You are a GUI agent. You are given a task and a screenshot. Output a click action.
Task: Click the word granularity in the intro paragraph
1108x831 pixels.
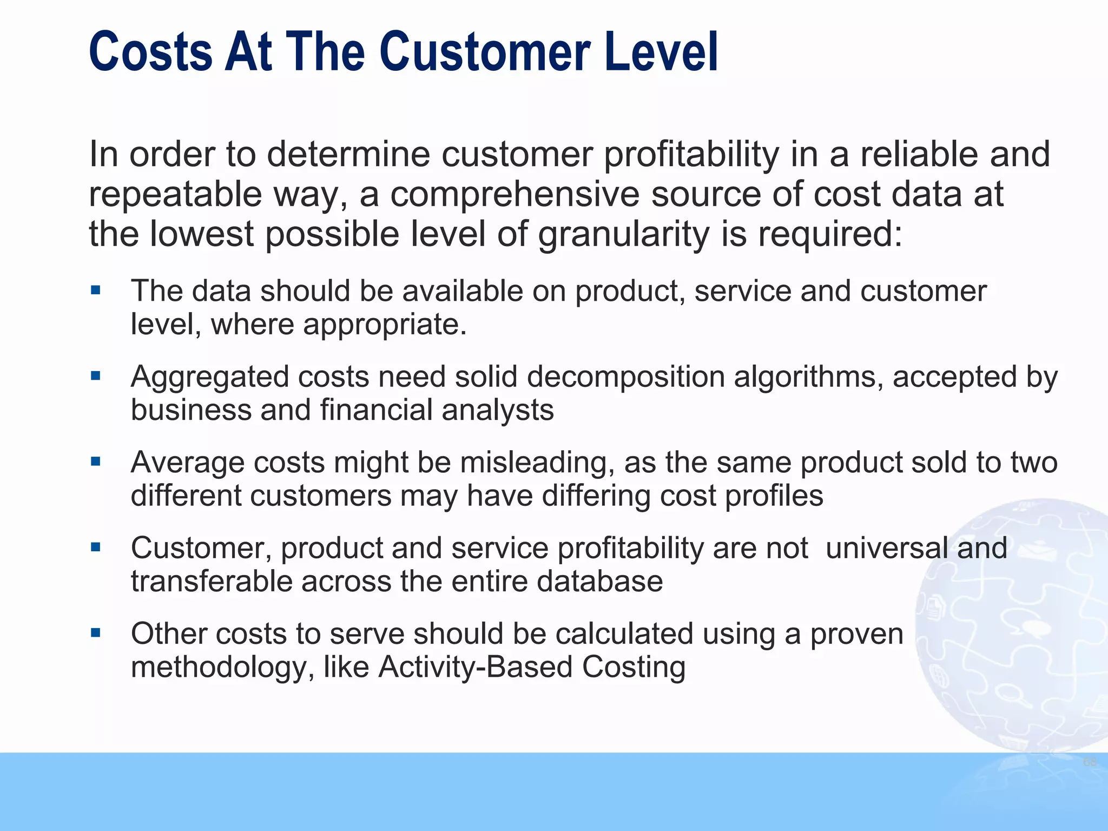623,235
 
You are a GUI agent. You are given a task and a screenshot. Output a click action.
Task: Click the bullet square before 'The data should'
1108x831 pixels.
96,291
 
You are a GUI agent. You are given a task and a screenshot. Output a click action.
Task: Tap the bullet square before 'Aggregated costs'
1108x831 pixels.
96,375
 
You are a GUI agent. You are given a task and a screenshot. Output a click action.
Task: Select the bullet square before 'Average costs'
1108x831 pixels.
96,461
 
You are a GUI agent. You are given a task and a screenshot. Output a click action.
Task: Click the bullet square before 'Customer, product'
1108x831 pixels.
96,547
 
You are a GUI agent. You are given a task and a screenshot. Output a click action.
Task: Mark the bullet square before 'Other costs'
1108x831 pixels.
96,632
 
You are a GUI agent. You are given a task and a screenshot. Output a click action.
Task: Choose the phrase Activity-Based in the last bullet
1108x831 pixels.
475,667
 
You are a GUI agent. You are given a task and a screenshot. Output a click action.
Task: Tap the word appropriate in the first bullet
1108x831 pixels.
384,325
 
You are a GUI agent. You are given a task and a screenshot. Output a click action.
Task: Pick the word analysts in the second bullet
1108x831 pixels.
498,410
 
